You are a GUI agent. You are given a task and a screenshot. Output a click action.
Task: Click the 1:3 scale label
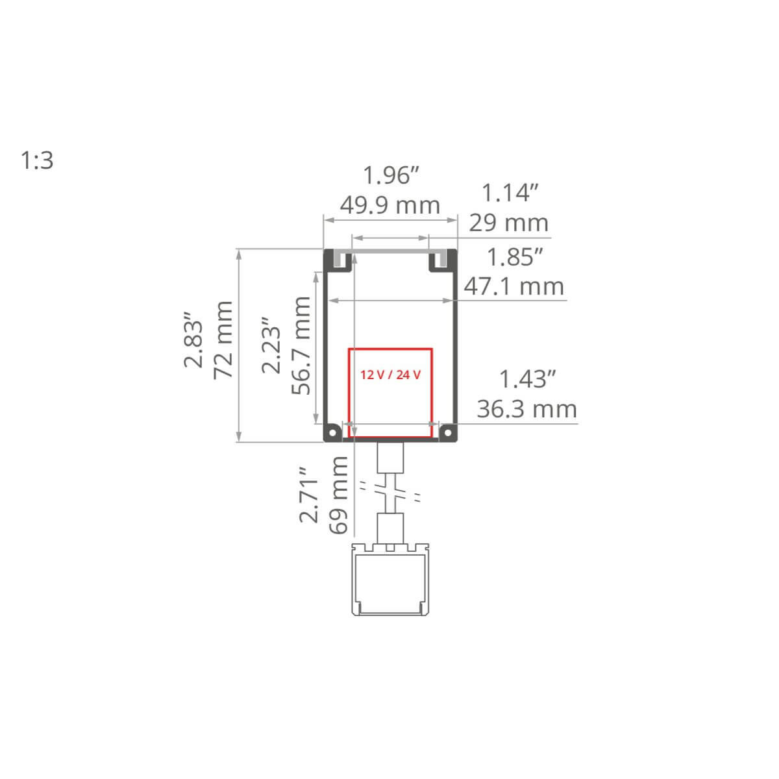click(37, 160)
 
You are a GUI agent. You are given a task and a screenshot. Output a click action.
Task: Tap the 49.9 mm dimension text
click(389, 205)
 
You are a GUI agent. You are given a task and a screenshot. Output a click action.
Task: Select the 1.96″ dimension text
click(391, 175)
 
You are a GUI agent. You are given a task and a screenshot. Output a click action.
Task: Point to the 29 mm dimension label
click(508, 223)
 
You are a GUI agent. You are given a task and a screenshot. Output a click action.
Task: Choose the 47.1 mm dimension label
click(513, 287)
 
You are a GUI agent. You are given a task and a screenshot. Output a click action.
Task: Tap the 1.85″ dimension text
click(515, 256)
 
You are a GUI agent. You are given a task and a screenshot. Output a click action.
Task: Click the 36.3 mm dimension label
click(526, 409)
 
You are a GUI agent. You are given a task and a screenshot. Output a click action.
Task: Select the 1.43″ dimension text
click(528, 379)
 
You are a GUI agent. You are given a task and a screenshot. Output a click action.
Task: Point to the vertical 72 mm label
click(223, 340)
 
